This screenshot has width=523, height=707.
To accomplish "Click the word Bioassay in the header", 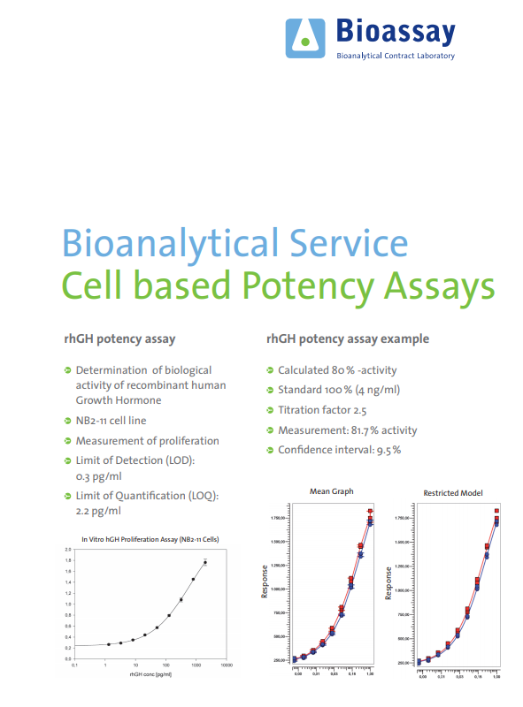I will [x=396, y=34].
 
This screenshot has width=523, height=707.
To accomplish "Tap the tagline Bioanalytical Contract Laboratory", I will [x=396, y=57].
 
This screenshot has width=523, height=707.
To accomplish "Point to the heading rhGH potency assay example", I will [x=348, y=338].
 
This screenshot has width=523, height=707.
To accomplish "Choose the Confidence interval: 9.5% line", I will [x=339, y=450].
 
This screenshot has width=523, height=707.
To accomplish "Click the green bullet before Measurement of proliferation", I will [x=67, y=441].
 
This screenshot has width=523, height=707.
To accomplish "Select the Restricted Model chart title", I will [x=453, y=492].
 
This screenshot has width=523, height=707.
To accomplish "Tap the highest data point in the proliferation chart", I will [x=204, y=562].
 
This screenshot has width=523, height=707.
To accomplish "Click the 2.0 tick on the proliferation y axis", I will [x=67, y=550].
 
